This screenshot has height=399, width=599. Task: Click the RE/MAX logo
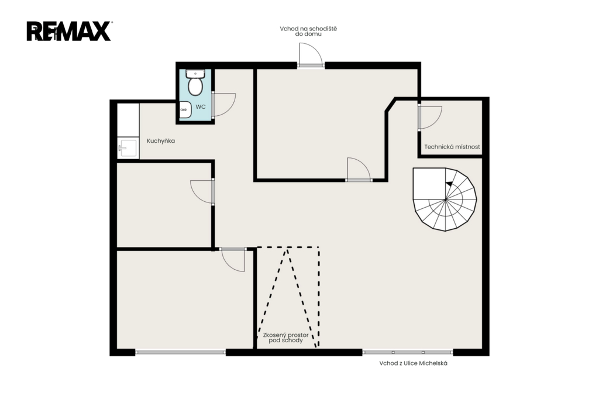click(x=69, y=31)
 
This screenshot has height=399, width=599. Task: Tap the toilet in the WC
click(x=195, y=82)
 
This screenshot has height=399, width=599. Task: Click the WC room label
click(x=201, y=107)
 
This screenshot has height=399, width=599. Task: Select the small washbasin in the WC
click(x=185, y=109)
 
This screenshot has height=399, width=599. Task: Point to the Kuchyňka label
click(x=161, y=141)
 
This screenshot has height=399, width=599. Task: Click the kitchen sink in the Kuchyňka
click(x=128, y=148)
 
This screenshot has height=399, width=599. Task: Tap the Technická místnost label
click(x=452, y=147)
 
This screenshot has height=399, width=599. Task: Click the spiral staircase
click(x=445, y=199)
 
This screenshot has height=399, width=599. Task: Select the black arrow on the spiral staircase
click(x=449, y=184)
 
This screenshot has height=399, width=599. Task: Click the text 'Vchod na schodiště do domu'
click(x=308, y=32)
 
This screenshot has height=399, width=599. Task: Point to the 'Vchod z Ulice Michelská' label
click(x=414, y=363)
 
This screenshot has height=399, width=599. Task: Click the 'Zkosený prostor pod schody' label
click(x=285, y=338)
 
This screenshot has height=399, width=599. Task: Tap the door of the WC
click(x=223, y=105)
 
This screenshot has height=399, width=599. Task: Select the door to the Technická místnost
click(x=430, y=118)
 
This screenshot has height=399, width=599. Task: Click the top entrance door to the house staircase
click(x=311, y=55)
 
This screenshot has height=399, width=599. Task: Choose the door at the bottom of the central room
click(x=359, y=169)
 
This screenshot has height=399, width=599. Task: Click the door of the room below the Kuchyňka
click(x=202, y=192)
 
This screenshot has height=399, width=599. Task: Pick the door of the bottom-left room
click(x=232, y=260)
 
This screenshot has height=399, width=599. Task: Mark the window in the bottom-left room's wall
click(x=180, y=352)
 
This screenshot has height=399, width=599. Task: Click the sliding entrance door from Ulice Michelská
click(x=408, y=352)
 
